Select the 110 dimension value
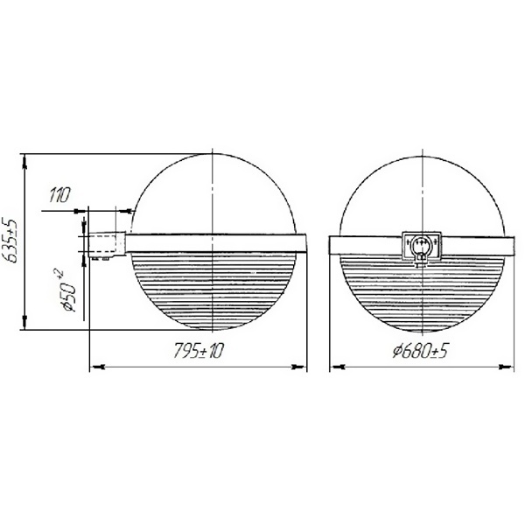coord(59,195)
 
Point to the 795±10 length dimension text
coord(198,351)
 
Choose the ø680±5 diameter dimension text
coord(420,351)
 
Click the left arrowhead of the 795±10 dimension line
coord(97,367)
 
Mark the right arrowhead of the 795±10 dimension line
coord(299,367)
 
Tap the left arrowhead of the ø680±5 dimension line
coord(338,367)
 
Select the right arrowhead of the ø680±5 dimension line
coord(507,367)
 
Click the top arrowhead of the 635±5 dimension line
coord(24,162)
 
